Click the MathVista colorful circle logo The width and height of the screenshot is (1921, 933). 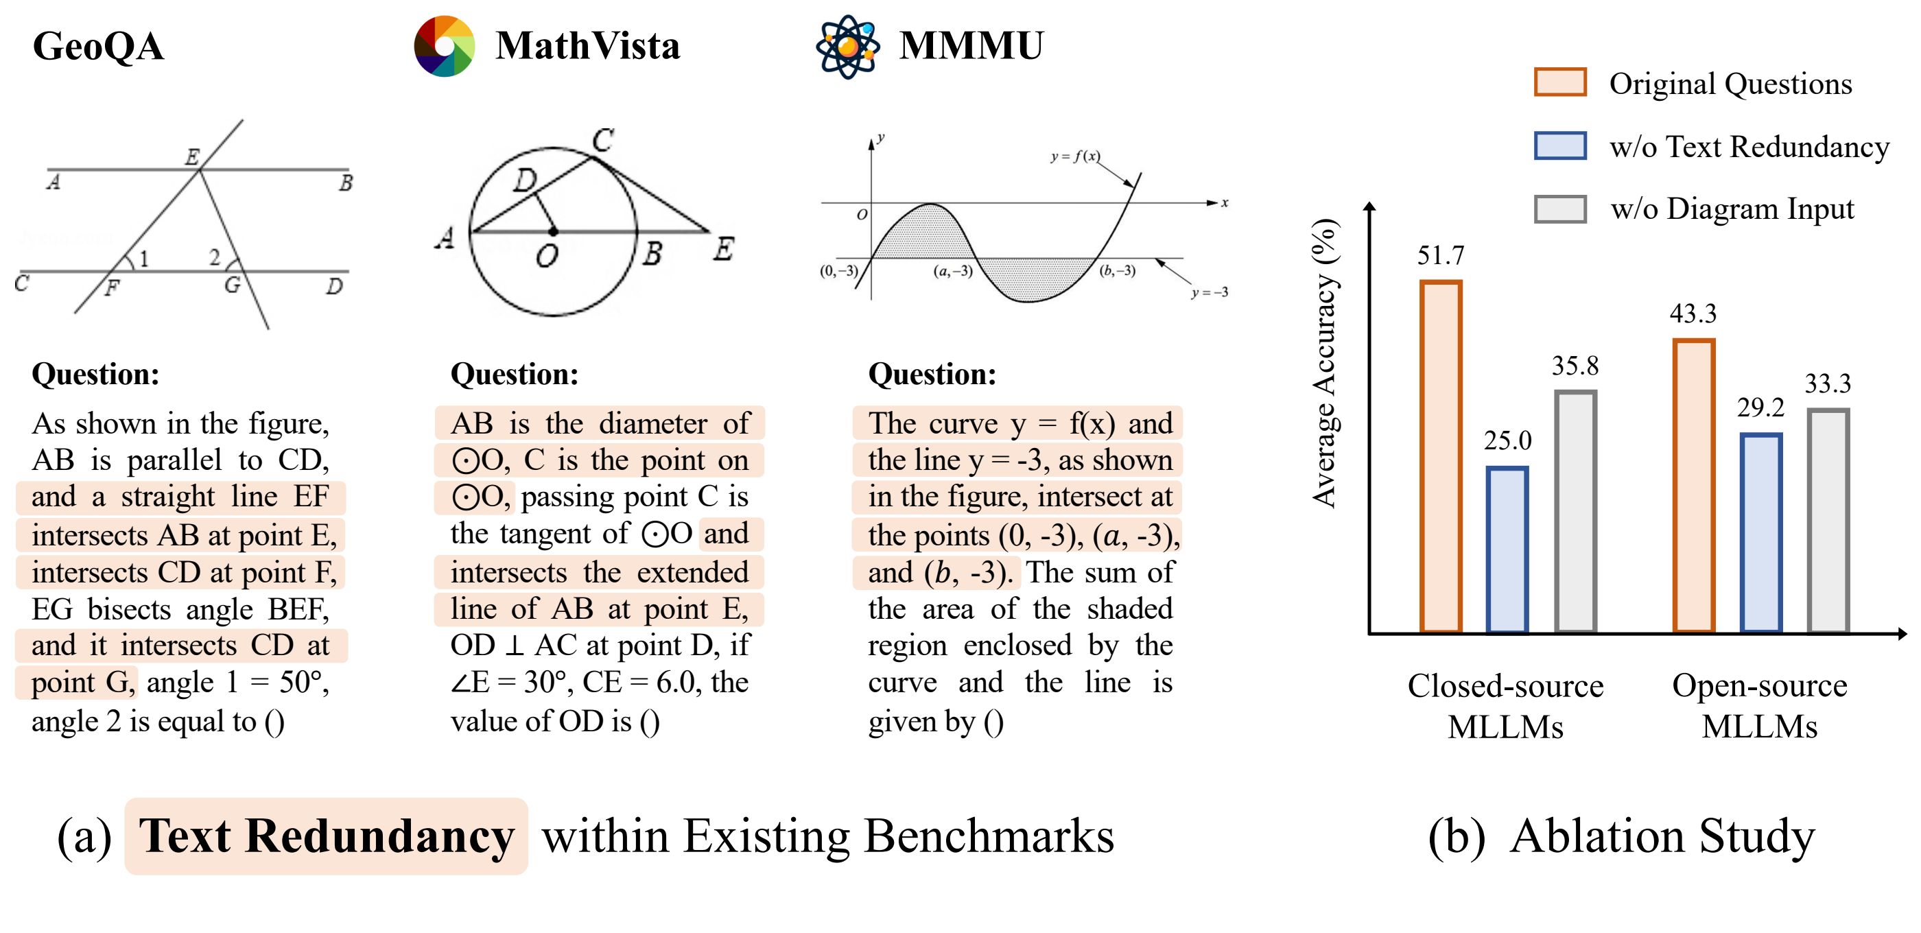point(445,46)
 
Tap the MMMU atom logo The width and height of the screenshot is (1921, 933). point(847,46)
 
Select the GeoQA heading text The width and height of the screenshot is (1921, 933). point(97,46)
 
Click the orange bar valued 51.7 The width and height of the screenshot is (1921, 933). point(1440,456)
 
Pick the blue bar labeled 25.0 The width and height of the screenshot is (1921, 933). point(1507,550)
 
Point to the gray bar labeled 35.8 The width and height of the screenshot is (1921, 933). point(1575,512)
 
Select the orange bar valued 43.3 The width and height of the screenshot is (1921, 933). point(1693,486)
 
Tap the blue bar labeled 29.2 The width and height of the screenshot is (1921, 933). point(1760,533)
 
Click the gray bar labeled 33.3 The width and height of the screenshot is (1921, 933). point(1828,521)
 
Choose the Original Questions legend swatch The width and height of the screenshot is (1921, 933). point(1559,82)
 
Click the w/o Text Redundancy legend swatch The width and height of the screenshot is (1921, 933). point(1559,145)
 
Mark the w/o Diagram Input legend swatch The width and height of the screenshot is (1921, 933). point(1559,209)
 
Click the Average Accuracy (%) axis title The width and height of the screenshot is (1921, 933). point(1325,363)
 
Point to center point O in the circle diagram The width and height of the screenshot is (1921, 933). point(552,232)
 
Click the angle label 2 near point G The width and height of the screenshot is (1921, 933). point(215,257)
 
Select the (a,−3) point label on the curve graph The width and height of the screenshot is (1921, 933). point(952,271)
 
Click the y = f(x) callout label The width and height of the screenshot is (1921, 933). point(1074,156)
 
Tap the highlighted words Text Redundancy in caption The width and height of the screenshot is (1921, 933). point(326,836)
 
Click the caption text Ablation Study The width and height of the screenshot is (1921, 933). point(1662,836)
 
